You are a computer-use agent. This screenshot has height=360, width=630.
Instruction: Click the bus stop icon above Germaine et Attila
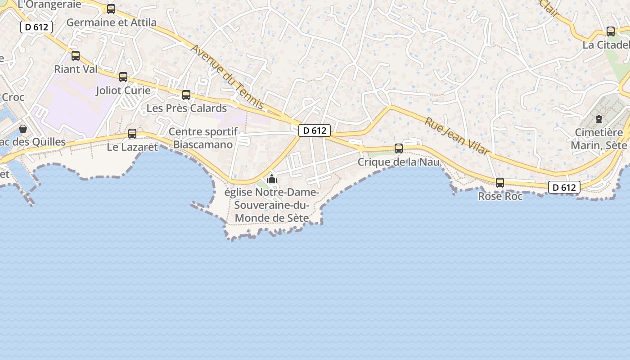[x=111, y=9]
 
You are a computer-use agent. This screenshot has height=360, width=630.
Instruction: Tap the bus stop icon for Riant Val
[x=76, y=56]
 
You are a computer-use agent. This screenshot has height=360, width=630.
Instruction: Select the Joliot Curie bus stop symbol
[x=123, y=77]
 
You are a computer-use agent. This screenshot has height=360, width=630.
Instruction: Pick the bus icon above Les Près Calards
[x=186, y=95]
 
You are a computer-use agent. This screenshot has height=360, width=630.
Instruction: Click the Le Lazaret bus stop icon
[x=132, y=134]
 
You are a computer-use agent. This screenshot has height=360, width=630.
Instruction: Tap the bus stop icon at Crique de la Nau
[x=399, y=148]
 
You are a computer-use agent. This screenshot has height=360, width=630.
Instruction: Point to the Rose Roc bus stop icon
[x=500, y=183]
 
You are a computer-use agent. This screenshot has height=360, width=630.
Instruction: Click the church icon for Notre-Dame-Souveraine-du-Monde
[x=272, y=179]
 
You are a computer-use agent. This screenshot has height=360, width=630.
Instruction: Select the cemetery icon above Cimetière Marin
[x=599, y=119]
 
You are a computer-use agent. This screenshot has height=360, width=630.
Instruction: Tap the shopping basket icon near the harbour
[x=23, y=129]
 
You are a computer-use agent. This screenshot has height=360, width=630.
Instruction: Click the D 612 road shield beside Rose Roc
[x=564, y=188]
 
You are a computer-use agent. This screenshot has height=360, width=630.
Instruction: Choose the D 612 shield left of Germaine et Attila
[x=37, y=27]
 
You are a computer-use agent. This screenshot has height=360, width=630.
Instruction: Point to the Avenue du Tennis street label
[x=227, y=76]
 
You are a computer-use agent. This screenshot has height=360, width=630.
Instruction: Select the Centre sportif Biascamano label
[x=203, y=138]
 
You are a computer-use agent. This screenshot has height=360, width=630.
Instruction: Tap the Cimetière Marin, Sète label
[x=599, y=139]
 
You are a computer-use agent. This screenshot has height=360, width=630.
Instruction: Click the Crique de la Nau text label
[x=398, y=162]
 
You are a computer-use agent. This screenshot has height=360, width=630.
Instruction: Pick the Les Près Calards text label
[x=187, y=108]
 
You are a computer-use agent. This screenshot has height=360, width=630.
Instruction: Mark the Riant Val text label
[x=76, y=69]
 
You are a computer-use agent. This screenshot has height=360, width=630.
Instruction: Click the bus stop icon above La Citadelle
[x=611, y=31]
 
